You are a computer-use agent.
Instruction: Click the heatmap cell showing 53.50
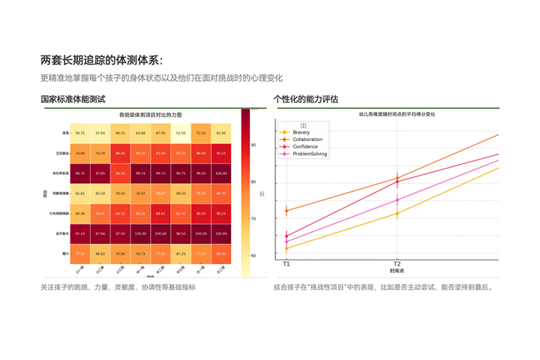[x=180, y=133]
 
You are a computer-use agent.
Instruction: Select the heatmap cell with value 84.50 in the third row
[x=120, y=173]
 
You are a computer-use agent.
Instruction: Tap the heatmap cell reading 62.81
[x=79, y=193]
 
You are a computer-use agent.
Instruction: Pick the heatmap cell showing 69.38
[x=79, y=214]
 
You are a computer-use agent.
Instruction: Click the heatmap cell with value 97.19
[x=79, y=234]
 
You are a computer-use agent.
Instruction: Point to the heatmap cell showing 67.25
[x=180, y=254]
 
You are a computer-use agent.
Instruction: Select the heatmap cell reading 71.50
[x=200, y=133]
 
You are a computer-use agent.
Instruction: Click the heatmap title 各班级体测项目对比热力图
[x=151, y=115]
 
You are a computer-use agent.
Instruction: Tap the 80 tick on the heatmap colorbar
[x=253, y=181]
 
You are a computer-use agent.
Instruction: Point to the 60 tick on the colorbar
[x=253, y=256]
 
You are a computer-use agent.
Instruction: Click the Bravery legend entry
[x=301, y=132]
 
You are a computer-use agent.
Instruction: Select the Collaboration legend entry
[x=307, y=139]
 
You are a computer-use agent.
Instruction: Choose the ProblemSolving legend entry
[x=309, y=154]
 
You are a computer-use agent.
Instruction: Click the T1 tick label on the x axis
[x=286, y=264]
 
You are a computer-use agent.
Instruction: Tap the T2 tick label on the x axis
[x=397, y=264]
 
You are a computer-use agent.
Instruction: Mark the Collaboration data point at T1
[x=286, y=211]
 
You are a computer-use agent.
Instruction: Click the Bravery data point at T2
[x=397, y=214]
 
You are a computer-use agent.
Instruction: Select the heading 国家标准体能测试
[x=73, y=99]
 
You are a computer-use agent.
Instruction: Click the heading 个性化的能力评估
[x=306, y=99]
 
